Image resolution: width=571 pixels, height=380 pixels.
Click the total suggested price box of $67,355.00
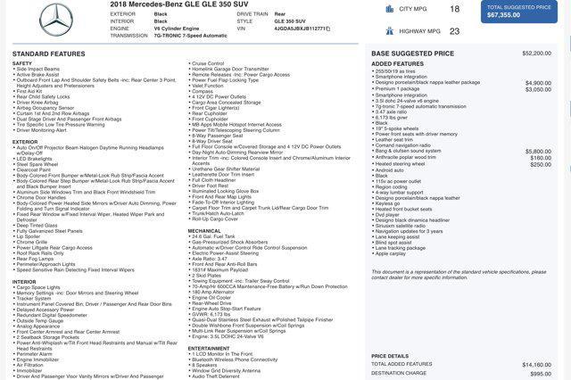click(518, 12)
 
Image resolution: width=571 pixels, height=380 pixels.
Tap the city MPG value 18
click(454, 9)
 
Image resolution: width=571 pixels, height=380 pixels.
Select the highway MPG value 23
click(454, 31)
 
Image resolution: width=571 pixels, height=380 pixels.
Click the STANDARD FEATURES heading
click(49, 54)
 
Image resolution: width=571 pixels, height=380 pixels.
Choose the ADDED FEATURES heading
click(397, 64)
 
